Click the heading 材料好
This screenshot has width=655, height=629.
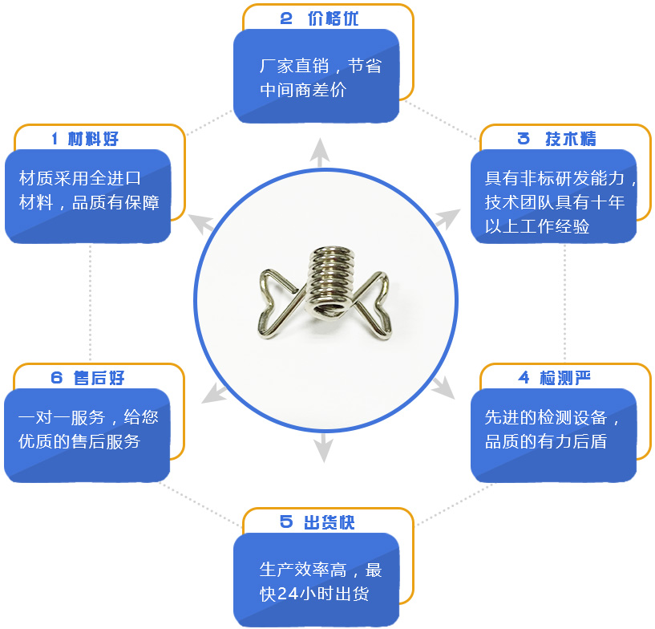pos(93,139)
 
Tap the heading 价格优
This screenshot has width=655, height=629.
pos(333,18)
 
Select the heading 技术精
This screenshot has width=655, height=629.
pos(571,139)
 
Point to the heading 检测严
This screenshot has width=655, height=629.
pos(564,378)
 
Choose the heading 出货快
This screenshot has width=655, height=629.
pos(330,522)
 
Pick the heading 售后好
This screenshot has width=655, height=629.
pos(99,378)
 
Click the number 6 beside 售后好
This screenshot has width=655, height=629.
pos(56,378)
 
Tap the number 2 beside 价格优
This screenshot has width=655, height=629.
pos(286,18)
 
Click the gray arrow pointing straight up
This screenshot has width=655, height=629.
pos(320,152)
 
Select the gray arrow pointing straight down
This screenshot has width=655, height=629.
pos(323,448)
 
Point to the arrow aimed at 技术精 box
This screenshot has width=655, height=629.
pos(447,219)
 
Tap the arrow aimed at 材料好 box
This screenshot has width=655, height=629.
pos(201,224)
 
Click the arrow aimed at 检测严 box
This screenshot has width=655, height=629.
pos(443,387)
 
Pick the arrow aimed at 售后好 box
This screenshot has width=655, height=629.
pos(214,393)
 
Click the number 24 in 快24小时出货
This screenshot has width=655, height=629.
pos(288,594)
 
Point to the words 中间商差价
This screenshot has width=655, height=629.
pos(303,90)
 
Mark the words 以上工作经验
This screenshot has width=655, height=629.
pos(537,226)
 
